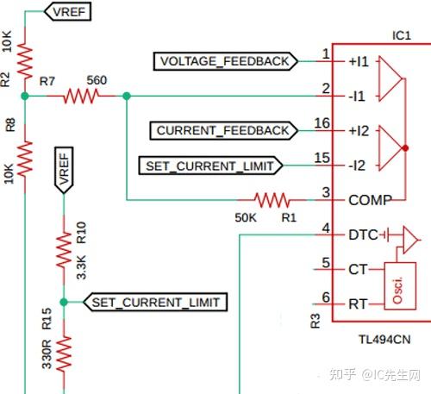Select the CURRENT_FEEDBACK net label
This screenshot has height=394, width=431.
(222, 130)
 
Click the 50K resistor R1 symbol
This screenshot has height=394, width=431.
(270, 200)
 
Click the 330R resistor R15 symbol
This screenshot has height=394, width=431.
(64, 352)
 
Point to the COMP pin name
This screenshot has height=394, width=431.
(370, 199)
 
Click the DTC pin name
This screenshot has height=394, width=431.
(363, 235)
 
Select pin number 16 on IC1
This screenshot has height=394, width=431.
(322, 124)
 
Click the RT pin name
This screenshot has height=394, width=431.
(359, 303)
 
